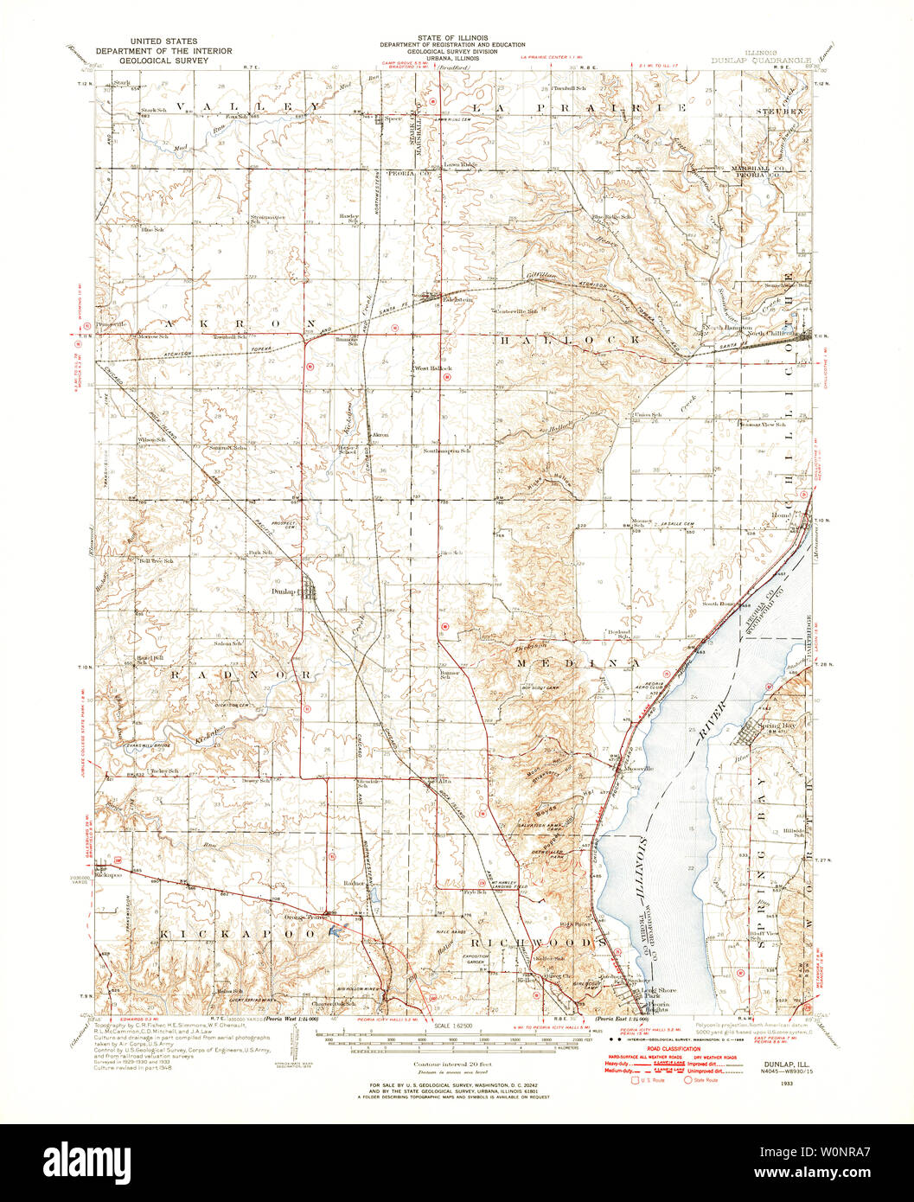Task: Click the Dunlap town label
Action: [283, 591]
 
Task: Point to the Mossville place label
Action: [637, 768]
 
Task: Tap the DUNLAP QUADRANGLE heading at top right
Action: [761, 61]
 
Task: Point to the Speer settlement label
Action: [394, 118]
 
